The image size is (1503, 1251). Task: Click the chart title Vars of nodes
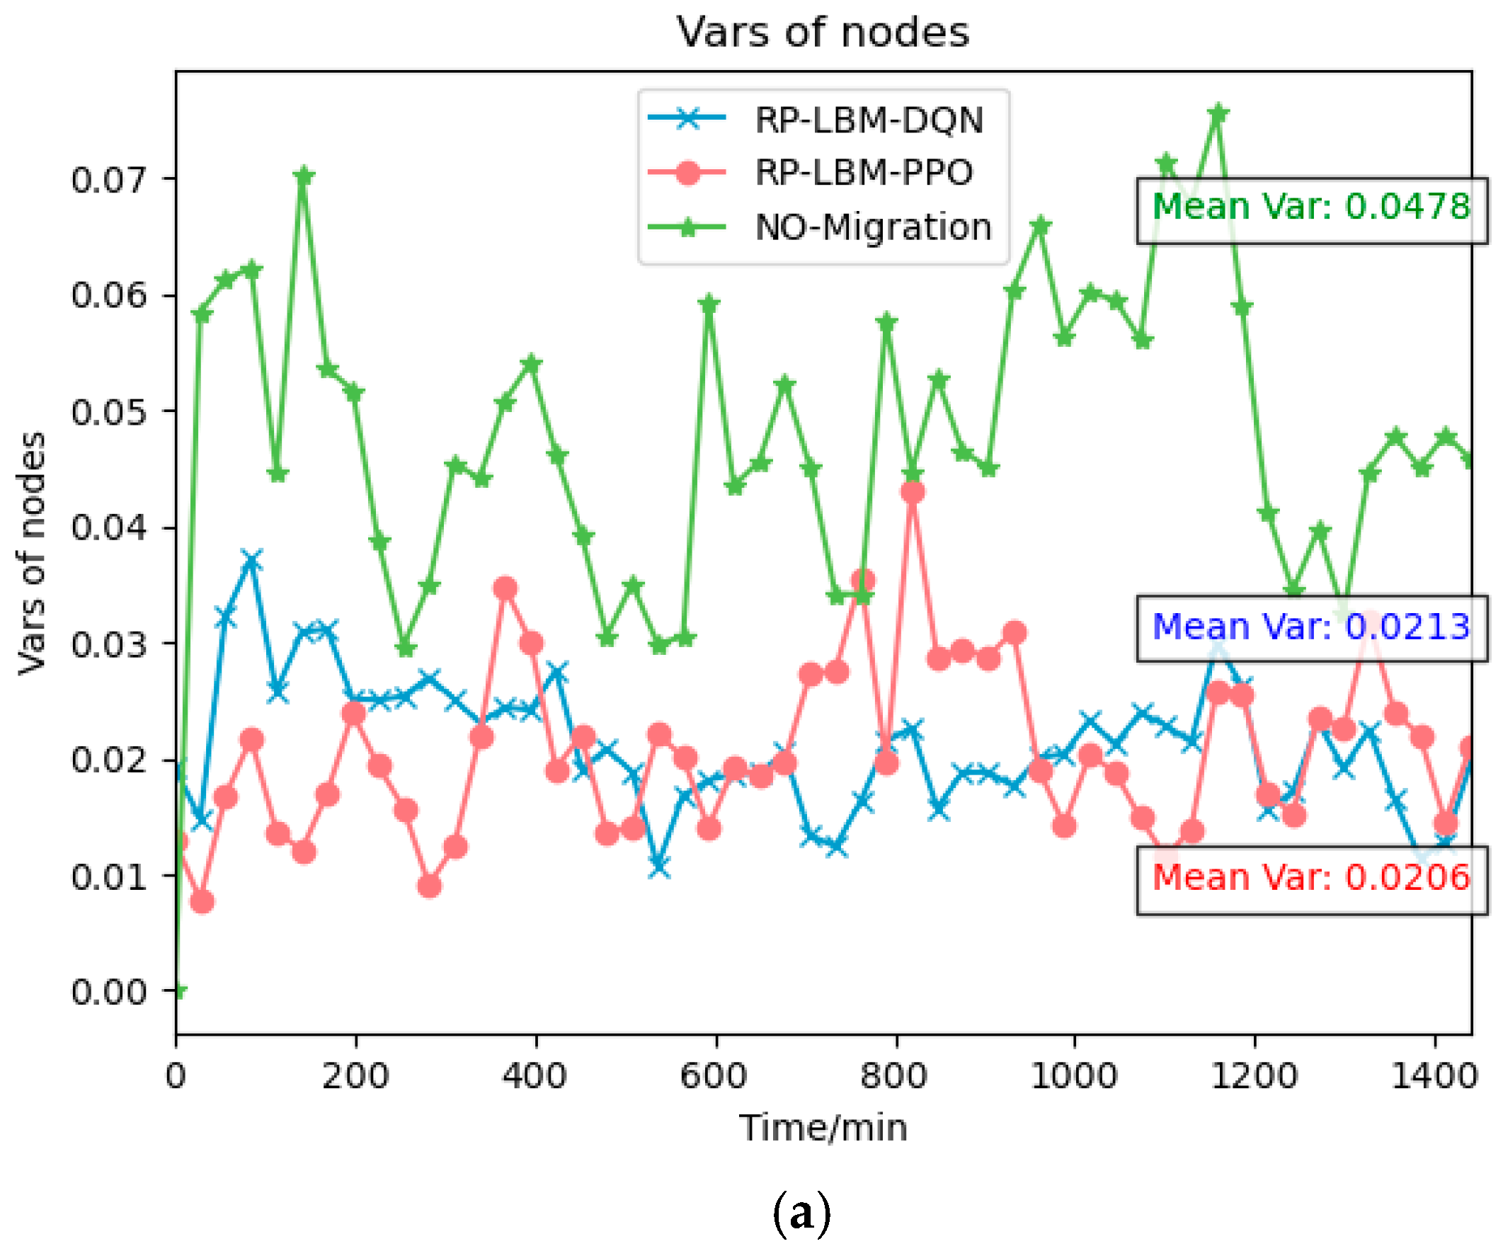coord(823,33)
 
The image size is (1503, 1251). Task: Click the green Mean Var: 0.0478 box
coord(1311,210)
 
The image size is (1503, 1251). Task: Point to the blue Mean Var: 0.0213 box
coord(1311,629)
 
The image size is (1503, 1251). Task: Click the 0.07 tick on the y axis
coord(108,180)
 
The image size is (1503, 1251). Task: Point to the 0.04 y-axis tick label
coord(108,528)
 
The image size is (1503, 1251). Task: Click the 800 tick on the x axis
coord(894,1075)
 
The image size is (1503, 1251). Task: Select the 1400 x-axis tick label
coord(1434,1075)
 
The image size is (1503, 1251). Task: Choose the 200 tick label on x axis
coord(355,1075)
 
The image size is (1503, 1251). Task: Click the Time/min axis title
coord(823,1129)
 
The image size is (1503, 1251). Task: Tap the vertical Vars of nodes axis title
coord(32,552)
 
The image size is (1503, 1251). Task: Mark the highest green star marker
coord(1218,114)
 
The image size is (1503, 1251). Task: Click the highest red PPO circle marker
coord(913,492)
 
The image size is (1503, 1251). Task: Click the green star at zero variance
coord(179,990)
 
